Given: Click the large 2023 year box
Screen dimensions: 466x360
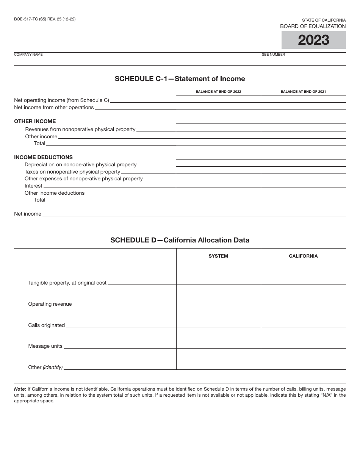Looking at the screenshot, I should [x=313, y=40].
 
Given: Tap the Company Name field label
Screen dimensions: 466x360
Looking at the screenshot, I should [x=28, y=55].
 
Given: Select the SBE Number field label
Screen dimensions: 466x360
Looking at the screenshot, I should [x=273, y=55].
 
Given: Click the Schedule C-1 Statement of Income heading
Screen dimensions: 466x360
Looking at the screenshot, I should [x=180, y=79].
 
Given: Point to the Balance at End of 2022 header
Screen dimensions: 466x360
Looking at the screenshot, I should [x=218, y=92].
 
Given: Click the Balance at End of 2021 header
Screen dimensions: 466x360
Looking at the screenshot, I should [x=303, y=92].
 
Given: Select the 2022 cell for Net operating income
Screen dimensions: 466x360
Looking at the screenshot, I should [x=218, y=99].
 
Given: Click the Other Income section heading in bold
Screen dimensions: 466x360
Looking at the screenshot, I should [x=35, y=121].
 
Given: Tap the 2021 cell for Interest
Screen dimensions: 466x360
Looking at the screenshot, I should [x=303, y=185].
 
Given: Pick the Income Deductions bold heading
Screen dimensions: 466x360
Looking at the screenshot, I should [x=43, y=157].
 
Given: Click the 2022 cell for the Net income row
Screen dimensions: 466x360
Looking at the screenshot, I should [x=218, y=209].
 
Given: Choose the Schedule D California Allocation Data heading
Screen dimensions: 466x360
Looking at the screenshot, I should [x=180, y=240].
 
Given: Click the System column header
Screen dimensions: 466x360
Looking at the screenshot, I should [x=218, y=256].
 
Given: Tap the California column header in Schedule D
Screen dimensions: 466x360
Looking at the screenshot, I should [x=303, y=256].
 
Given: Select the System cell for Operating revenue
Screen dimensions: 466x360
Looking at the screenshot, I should [x=218, y=296].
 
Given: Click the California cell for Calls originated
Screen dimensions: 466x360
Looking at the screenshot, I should [x=303, y=317].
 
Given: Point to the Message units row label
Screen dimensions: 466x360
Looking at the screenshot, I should [x=45, y=346].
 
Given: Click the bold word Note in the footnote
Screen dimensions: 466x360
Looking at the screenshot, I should [x=20, y=389].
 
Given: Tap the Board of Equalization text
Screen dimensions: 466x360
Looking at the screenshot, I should [x=313, y=26].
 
